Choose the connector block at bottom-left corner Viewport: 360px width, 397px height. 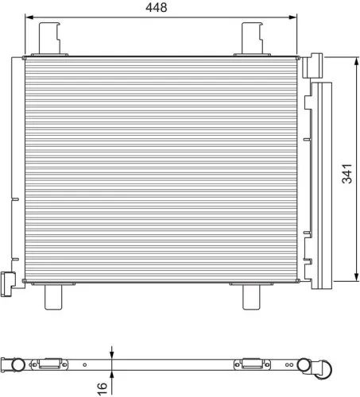[x=9, y=281]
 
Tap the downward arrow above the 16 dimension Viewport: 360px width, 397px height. [x=112, y=354]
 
